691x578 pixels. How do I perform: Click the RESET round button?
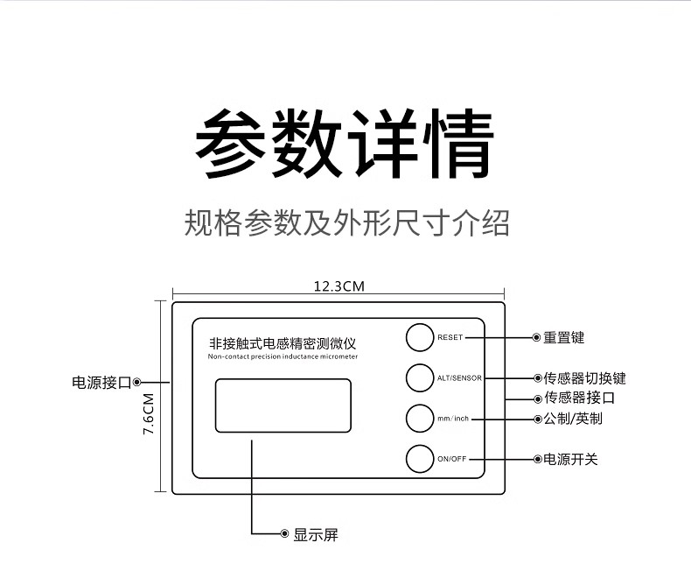tap(420, 337)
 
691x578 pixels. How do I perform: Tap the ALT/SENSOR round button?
tap(420, 377)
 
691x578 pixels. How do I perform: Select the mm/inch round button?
tap(420, 418)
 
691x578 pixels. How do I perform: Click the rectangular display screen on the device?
tap(283, 405)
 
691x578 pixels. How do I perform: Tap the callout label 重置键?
tap(563, 337)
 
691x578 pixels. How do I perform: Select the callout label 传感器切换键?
tap(584, 378)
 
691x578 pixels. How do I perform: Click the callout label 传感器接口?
tap(578, 398)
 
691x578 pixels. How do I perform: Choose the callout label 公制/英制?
tap(573, 419)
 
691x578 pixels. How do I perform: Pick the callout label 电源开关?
tap(570, 459)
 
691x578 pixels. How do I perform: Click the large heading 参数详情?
tap(344, 144)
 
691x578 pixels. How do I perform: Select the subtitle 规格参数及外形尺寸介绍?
tap(346, 222)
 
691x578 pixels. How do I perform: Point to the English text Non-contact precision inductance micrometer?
tap(283, 356)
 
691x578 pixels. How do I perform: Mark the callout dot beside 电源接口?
tap(138, 382)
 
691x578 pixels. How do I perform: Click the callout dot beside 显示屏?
tap(284, 533)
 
